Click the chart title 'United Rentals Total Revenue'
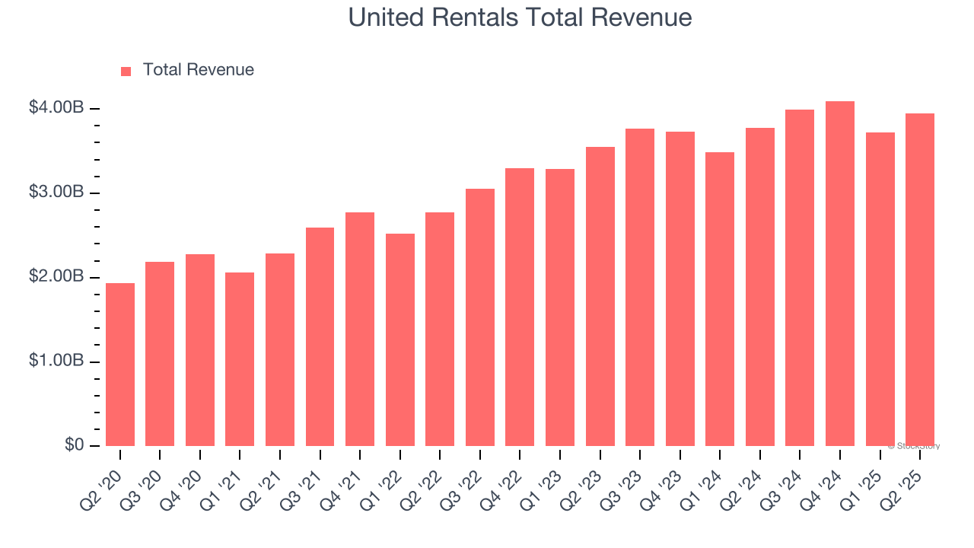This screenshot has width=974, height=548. pyautogui.click(x=520, y=18)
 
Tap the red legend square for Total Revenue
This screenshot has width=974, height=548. pyautogui.click(x=126, y=71)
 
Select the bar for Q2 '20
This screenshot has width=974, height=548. pyautogui.click(x=120, y=365)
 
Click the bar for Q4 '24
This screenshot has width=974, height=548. pyautogui.click(x=840, y=274)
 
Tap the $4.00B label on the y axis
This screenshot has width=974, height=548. pyautogui.click(x=56, y=108)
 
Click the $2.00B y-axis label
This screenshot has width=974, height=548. pyautogui.click(x=56, y=277)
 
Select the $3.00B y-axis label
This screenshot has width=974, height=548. pyautogui.click(x=56, y=193)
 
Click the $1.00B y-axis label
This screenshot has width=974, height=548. pyautogui.click(x=56, y=362)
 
